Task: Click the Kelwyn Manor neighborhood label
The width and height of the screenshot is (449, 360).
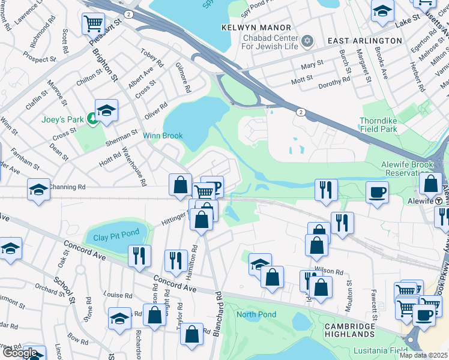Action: click(x=256, y=28)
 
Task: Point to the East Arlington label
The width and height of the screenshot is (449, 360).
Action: click(x=364, y=40)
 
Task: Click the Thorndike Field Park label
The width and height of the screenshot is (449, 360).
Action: click(x=387, y=124)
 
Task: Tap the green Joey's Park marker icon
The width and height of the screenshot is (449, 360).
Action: click(x=91, y=119)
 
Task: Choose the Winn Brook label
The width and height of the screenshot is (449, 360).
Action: click(x=162, y=136)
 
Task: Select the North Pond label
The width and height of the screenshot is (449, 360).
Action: click(x=256, y=314)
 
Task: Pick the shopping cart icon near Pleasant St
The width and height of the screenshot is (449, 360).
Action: click(x=92, y=23)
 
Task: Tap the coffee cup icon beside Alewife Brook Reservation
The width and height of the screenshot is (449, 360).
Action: click(x=377, y=192)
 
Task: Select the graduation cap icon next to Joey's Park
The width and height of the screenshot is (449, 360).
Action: click(x=106, y=110)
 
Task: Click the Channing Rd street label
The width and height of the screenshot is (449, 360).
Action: click(x=68, y=187)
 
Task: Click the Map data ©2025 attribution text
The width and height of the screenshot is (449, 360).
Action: click(x=424, y=355)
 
